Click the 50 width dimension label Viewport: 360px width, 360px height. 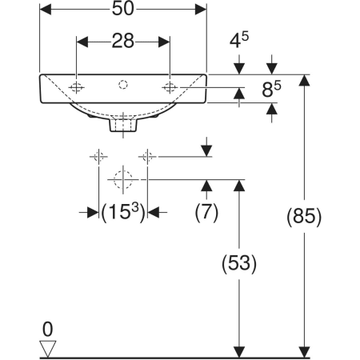(122, 9)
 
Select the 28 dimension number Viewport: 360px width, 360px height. (122, 41)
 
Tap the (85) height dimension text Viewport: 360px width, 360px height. (304, 216)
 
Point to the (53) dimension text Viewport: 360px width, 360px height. (239, 263)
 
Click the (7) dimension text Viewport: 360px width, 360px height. (206, 212)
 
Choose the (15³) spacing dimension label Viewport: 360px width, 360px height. (123, 212)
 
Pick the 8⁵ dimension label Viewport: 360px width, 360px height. (271, 90)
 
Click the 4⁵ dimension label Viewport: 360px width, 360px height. (239, 40)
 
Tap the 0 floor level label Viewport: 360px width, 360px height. (48, 330)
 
